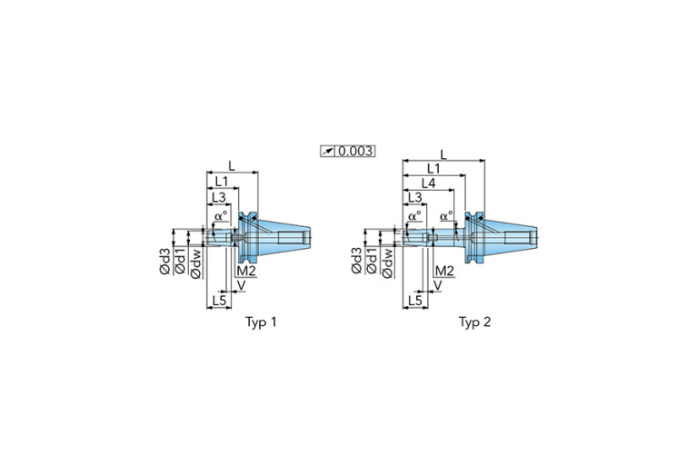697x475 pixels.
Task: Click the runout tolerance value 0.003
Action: click(355, 151)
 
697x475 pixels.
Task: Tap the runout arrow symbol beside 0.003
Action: click(328, 152)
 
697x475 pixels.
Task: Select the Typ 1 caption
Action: click(261, 322)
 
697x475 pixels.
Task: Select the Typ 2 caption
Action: click(474, 322)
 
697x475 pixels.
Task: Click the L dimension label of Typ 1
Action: click(232, 165)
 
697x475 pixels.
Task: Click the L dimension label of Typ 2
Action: click(443, 154)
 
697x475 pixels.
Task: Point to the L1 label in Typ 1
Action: click(222, 182)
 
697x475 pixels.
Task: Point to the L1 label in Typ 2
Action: click(433, 168)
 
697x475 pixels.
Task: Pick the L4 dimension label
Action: click(429, 183)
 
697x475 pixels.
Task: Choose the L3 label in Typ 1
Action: click(218, 197)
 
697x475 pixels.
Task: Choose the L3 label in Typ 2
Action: click(414, 197)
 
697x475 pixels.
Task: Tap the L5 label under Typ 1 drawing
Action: click(219, 300)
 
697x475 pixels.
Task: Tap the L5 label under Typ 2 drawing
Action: click(414, 300)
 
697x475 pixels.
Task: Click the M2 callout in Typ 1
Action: click(246, 271)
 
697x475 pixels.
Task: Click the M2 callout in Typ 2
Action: click(444, 271)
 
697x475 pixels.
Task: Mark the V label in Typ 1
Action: click(241, 285)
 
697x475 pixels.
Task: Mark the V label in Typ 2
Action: click(437, 285)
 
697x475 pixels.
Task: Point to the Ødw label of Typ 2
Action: click(388, 263)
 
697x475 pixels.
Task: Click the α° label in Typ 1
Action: click(221, 216)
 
